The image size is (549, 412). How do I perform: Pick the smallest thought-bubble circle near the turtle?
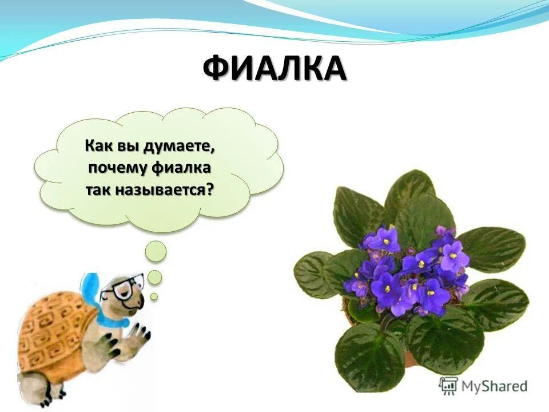[x=154, y=296]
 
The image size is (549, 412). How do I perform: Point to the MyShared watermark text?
[x=494, y=386]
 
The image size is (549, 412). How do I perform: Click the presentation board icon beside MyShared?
[x=449, y=385]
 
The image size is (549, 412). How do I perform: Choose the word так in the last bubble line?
[x=96, y=189]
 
